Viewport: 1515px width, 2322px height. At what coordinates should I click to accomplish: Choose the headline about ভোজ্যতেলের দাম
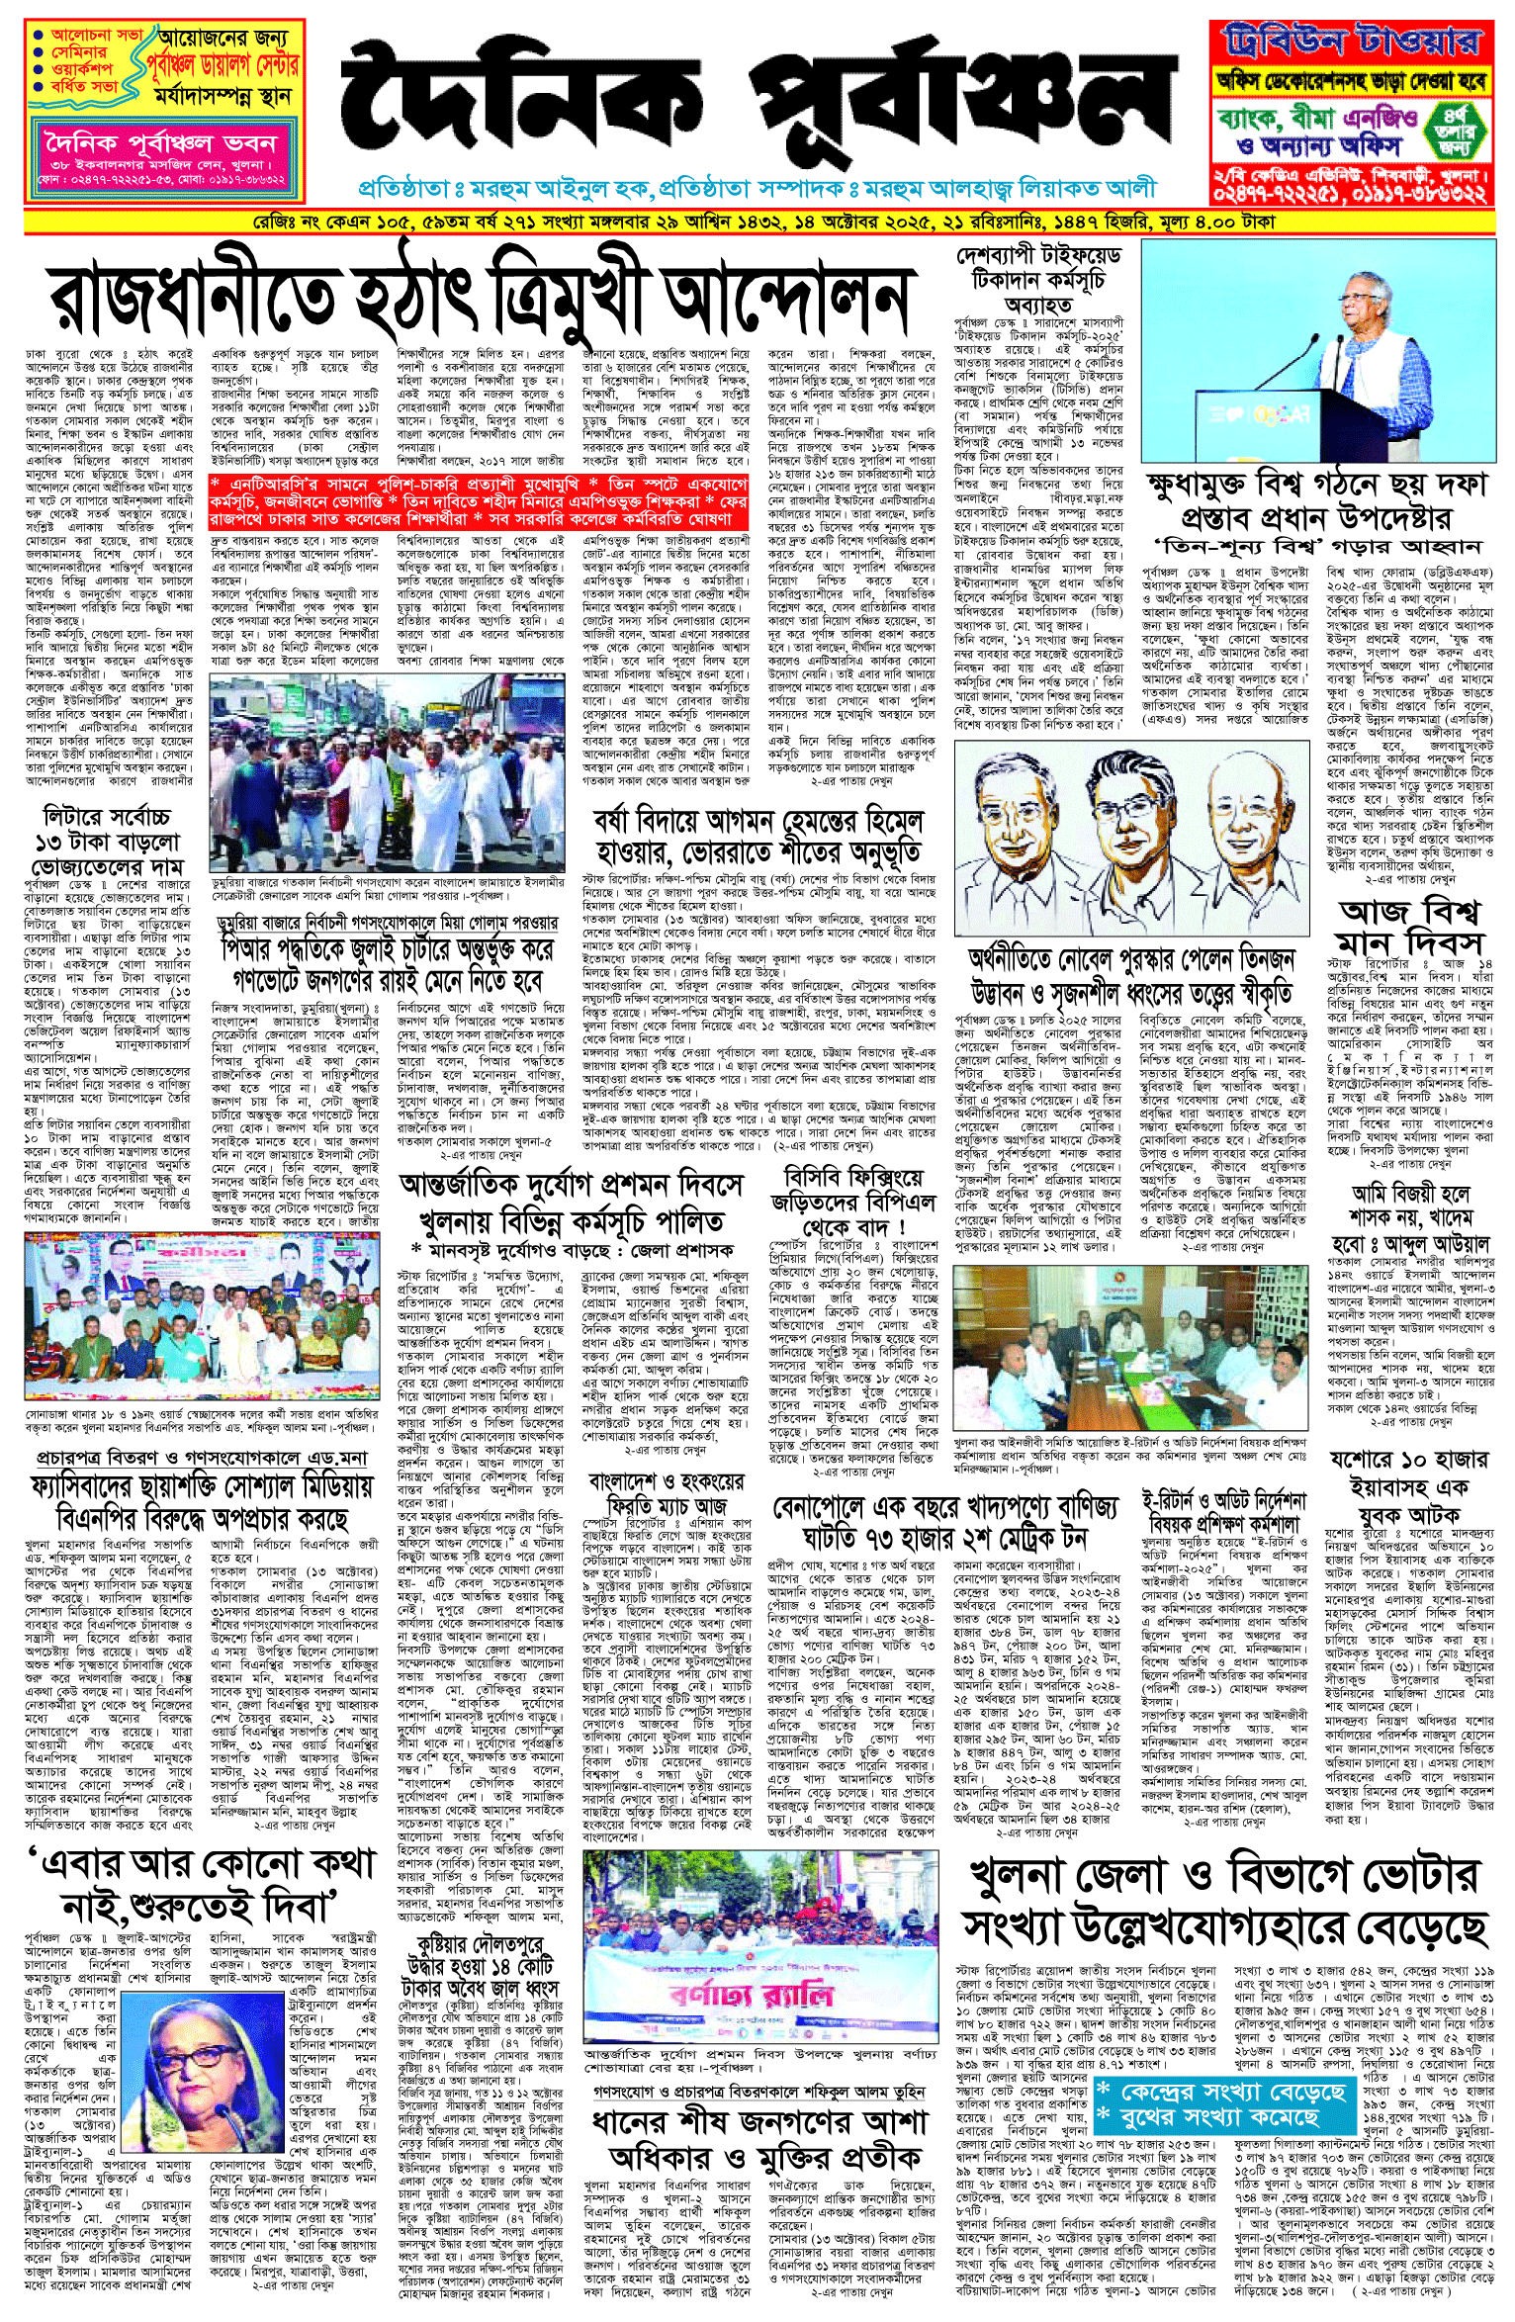coord(107,843)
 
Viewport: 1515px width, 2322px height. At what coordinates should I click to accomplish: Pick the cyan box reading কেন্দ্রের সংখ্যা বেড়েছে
coord(1221,2104)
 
